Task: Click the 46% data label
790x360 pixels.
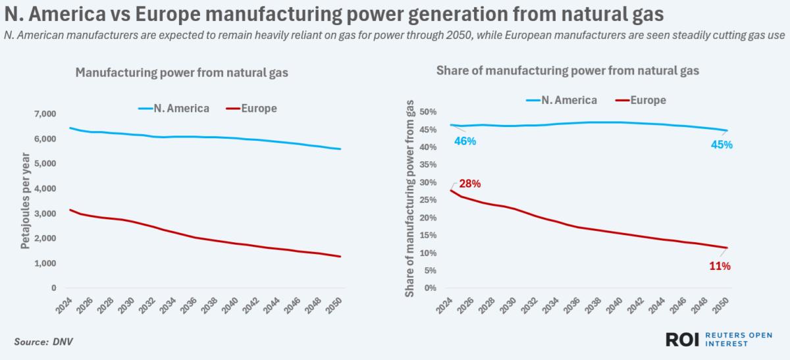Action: [x=463, y=141]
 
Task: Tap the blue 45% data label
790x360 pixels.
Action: [x=722, y=145]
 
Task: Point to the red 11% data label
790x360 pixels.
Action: [x=720, y=266]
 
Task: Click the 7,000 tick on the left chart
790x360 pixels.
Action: [x=44, y=115]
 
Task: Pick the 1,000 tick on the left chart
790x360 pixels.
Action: [x=44, y=263]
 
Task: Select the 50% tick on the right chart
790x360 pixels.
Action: [x=427, y=112]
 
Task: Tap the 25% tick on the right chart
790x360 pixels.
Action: [x=427, y=200]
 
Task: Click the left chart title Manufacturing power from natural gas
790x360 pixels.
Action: [x=182, y=73]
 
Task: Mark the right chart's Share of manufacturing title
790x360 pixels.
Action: [x=567, y=70]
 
